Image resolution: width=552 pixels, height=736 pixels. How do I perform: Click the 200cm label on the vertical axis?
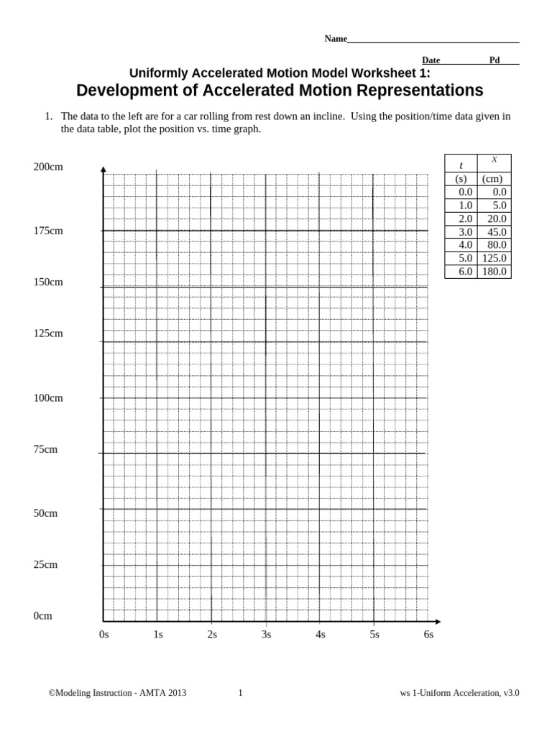(48, 167)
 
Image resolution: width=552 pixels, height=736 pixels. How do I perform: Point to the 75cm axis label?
(45, 449)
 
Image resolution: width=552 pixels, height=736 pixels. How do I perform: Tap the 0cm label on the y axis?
(42, 616)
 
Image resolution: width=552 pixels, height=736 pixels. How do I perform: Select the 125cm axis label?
(48, 333)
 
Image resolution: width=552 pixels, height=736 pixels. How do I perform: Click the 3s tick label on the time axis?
(266, 635)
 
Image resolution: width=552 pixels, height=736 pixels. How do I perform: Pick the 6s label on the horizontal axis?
(428, 635)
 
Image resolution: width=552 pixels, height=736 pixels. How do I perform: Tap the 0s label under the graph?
(104, 635)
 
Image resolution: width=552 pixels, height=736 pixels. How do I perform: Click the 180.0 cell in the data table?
(494, 272)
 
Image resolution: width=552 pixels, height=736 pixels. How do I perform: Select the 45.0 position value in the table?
(497, 232)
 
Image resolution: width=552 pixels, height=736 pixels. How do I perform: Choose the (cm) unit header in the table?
(492, 179)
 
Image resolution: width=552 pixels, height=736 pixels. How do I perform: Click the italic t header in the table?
(461, 166)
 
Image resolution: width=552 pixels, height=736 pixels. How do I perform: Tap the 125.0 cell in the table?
(494, 258)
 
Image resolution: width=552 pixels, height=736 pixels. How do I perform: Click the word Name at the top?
(336, 39)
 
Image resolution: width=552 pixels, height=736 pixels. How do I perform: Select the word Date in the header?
(431, 60)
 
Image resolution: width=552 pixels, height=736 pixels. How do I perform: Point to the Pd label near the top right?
(494, 60)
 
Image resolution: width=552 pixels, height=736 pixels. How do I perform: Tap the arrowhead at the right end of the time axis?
(438, 622)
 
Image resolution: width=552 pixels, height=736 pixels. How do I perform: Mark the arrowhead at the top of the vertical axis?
(103, 170)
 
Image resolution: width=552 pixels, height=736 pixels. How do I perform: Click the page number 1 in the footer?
(240, 693)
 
